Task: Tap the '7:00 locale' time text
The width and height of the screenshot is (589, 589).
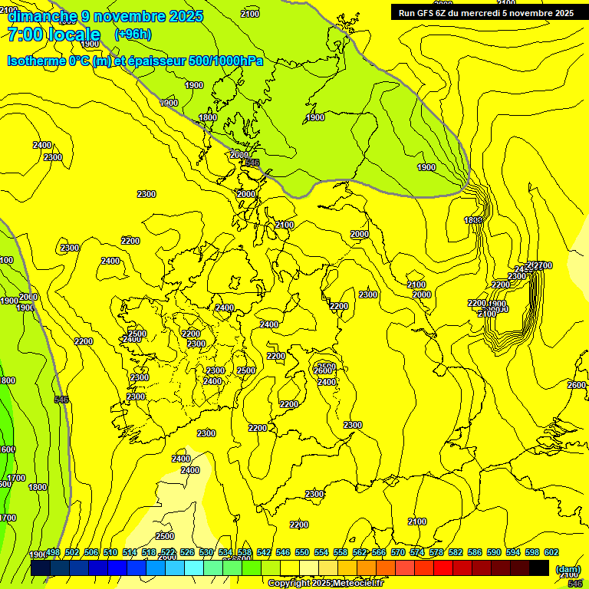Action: tap(54, 35)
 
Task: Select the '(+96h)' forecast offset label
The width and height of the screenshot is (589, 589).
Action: tap(133, 35)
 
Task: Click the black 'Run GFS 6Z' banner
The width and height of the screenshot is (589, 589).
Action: tap(485, 12)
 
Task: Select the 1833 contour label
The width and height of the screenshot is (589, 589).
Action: tap(473, 220)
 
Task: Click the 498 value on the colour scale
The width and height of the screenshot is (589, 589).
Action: tap(53, 553)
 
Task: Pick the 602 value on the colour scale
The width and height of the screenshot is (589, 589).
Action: tap(551, 553)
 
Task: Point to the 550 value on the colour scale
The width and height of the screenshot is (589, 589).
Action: tap(302, 553)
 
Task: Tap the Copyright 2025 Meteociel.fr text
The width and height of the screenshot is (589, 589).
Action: tap(325, 584)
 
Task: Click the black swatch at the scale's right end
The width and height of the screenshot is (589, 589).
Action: tap(539, 568)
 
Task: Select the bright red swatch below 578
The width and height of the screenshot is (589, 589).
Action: tap(443, 568)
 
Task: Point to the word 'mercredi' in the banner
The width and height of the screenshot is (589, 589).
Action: tap(485, 12)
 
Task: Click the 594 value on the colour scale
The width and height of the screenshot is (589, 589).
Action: tap(513, 553)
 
